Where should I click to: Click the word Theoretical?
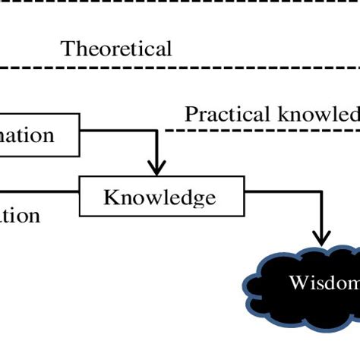[116, 49]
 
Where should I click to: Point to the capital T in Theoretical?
[67, 49]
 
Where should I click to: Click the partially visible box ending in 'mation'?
[38, 136]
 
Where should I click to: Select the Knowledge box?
[159, 198]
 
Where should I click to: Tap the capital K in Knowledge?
[111, 198]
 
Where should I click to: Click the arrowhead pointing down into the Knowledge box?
[156, 167]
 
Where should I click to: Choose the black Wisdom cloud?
[304, 283]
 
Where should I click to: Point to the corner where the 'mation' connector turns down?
[156, 130]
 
